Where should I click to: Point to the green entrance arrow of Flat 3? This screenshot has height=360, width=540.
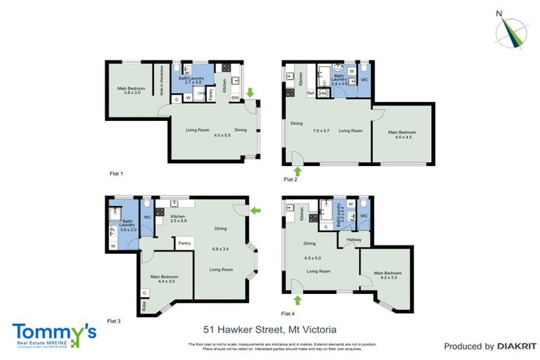255,210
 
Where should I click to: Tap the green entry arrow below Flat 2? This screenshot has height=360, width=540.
297,170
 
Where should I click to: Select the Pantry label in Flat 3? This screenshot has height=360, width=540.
184,243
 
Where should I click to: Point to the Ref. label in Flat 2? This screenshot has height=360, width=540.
310,93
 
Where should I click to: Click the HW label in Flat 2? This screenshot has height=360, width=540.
324,93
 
